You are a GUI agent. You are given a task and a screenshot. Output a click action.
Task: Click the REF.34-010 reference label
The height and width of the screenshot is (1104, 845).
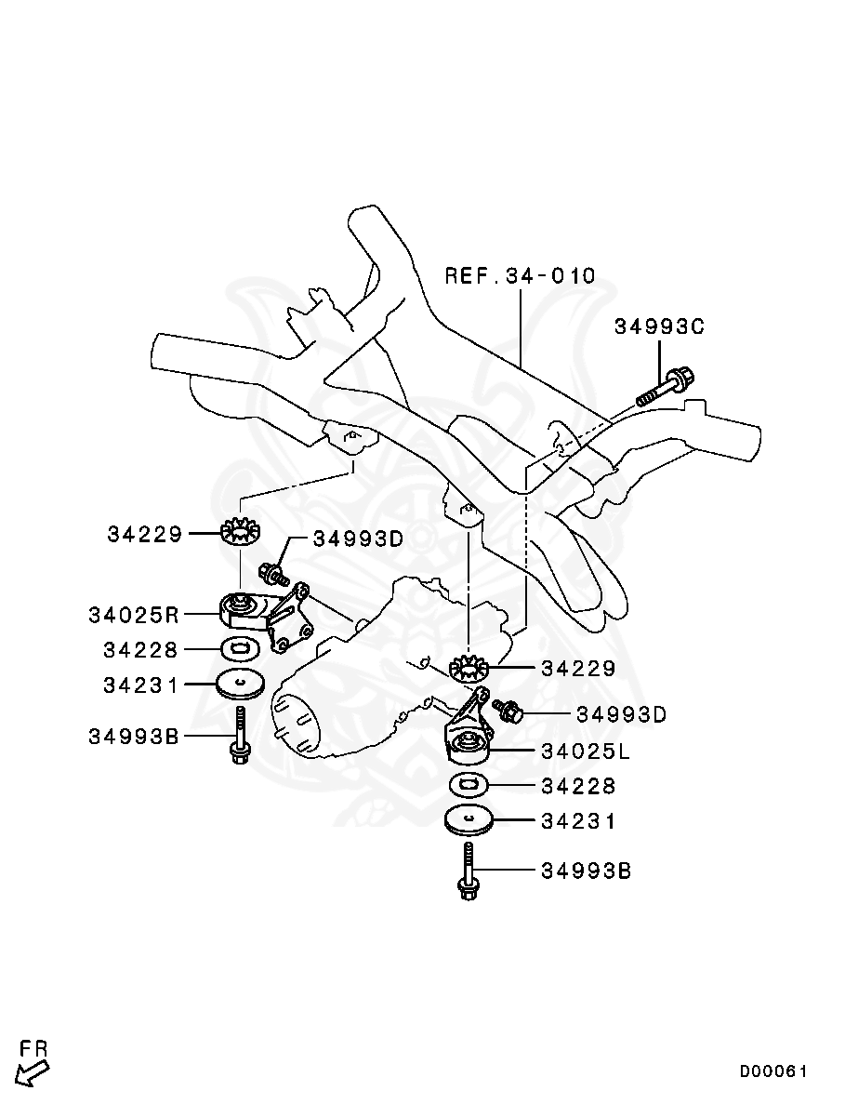point(520,276)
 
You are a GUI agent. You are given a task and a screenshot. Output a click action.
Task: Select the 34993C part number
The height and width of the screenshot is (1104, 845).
point(659,326)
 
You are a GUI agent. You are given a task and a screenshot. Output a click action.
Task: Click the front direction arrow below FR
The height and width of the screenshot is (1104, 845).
point(33,1073)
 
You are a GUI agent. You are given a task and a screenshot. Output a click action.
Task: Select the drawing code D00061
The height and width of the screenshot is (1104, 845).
point(773,1071)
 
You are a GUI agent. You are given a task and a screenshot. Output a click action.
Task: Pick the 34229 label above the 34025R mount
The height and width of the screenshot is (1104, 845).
point(145,534)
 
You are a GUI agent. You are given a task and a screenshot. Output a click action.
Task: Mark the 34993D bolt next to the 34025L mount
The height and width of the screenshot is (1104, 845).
point(508,712)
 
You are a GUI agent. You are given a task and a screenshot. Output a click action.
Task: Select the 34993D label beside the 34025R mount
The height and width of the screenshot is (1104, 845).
point(358,539)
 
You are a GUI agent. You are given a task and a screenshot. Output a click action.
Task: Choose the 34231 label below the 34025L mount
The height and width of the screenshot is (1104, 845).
point(578,822)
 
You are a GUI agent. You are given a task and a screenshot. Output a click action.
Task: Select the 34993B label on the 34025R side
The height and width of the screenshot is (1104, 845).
point(134,736)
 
